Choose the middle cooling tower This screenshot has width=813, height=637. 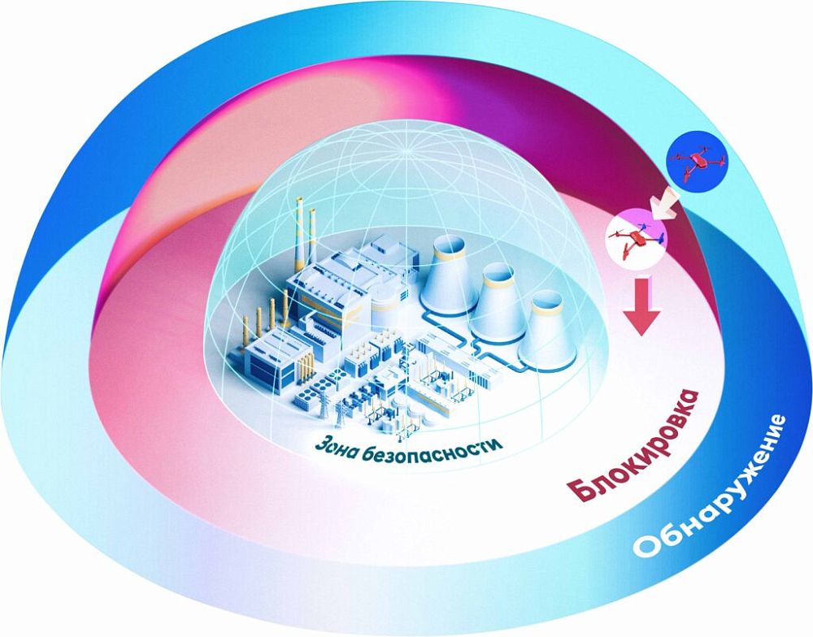498,305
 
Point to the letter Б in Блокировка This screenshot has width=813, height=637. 578,492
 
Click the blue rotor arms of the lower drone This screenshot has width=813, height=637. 655,236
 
